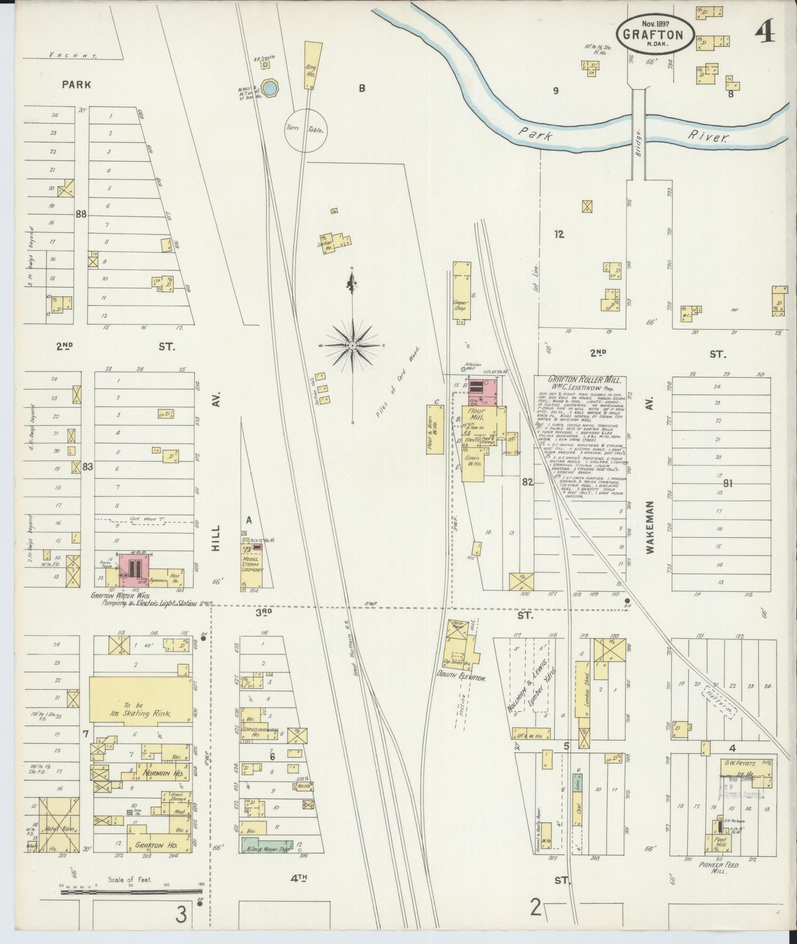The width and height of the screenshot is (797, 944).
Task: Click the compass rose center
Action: (x=352, y=346)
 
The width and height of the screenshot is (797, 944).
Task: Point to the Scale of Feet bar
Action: (x=132, y=893)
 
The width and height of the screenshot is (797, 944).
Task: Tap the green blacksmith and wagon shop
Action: (x=266, y=844)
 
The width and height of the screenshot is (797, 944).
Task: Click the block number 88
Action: (x=81, y=214)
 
